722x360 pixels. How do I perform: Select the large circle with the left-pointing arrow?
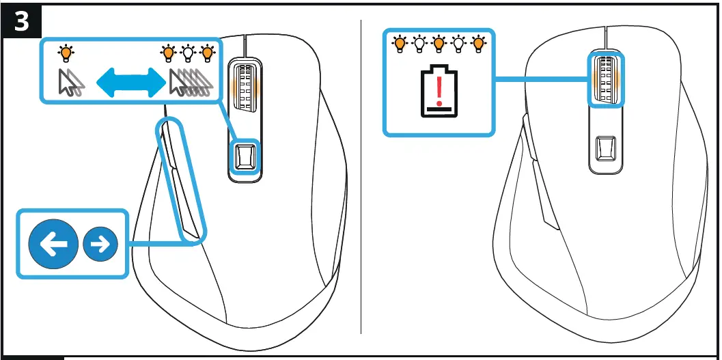53,244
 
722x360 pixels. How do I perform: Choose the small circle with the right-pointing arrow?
100,244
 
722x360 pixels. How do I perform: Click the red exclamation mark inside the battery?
439,87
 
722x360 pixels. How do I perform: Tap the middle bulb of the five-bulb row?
439,44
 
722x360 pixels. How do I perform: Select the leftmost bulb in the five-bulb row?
399,44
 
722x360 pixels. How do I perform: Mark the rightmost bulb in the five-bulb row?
478,44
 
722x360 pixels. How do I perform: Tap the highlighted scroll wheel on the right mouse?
606,81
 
